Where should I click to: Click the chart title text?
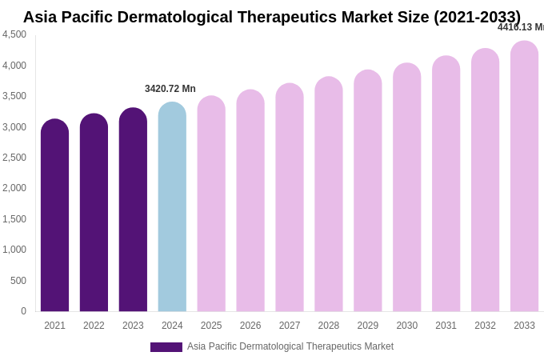tap(272, 17)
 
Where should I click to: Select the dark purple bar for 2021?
tap(54, 216)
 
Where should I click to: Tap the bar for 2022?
tap(94, 213)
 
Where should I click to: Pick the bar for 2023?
tap(133, 210)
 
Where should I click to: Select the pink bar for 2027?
tap(290, 198)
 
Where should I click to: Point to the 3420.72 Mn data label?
tap(170, 89)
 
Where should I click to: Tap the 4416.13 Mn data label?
tap(521, 27)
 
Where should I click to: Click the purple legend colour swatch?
tap(166, 347)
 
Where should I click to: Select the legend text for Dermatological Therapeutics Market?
tap(290, 346)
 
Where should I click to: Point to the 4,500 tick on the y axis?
tap(14, 34)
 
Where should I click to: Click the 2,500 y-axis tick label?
tap(14, 158)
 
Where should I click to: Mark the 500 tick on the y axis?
tap(18, 281)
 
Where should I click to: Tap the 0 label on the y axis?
tap(23, 311)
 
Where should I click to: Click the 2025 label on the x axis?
tap(211, 326)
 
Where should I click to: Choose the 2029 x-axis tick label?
tap(368, 326)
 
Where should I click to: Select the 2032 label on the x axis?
tap(485, 326)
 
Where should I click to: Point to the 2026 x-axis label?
tap(250, 326)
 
